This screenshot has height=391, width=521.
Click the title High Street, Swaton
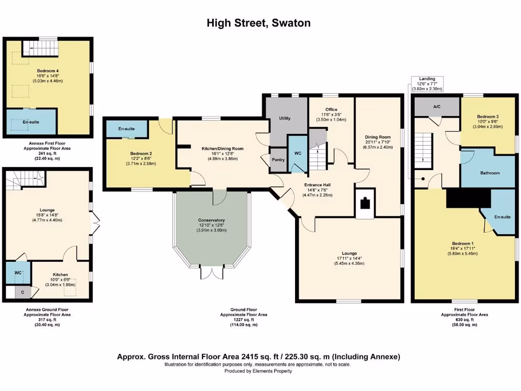pyautogui.click(x=258, y=23)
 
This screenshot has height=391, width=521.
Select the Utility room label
pyautogui.click(x=284, y=119)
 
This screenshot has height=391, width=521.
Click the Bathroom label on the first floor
pyautogui.click(x=490, y=173)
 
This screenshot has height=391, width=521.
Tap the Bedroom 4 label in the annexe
pyautogui.click(x=47, y=71)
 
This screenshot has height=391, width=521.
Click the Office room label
pyautogui.click(x=331, y=109)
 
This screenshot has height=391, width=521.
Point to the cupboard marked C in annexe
pyautogui.click(x=22, y=292)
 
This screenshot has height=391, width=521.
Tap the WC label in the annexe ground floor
pyautogui.click(x=18, y=273)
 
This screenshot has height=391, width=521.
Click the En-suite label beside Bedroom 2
pyautogui.click(x=126, y=129)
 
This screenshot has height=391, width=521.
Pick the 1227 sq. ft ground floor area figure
pyautogui.click(x=243, y=320)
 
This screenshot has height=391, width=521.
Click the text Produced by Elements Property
pyautogui.click(x=258, y=371)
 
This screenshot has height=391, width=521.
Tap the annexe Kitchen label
pyautogui.click(x=60, y=274)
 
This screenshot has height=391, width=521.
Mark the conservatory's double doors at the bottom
pyautogui.click(x=212, y=273)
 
